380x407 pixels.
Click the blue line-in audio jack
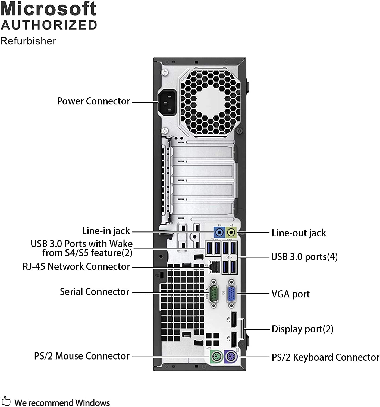click(219, 232)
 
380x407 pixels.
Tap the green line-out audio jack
click(231, 232)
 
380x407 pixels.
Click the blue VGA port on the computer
click(231, 294)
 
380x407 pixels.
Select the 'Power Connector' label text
click(93, 101)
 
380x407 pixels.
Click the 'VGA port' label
click(291, 294)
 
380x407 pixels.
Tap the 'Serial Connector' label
click(95, 292)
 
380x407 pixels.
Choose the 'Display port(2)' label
click(302, 329)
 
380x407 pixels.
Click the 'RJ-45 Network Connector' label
click(76, 267)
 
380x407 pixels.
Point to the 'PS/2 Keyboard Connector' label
click(325, 357)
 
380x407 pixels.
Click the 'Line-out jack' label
click(299, 233)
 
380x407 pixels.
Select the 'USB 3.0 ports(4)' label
click(304, 257)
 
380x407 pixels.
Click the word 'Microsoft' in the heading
click(48, 9)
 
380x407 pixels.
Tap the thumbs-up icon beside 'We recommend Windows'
click(5, 401)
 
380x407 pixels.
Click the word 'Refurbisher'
click(28, 41)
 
